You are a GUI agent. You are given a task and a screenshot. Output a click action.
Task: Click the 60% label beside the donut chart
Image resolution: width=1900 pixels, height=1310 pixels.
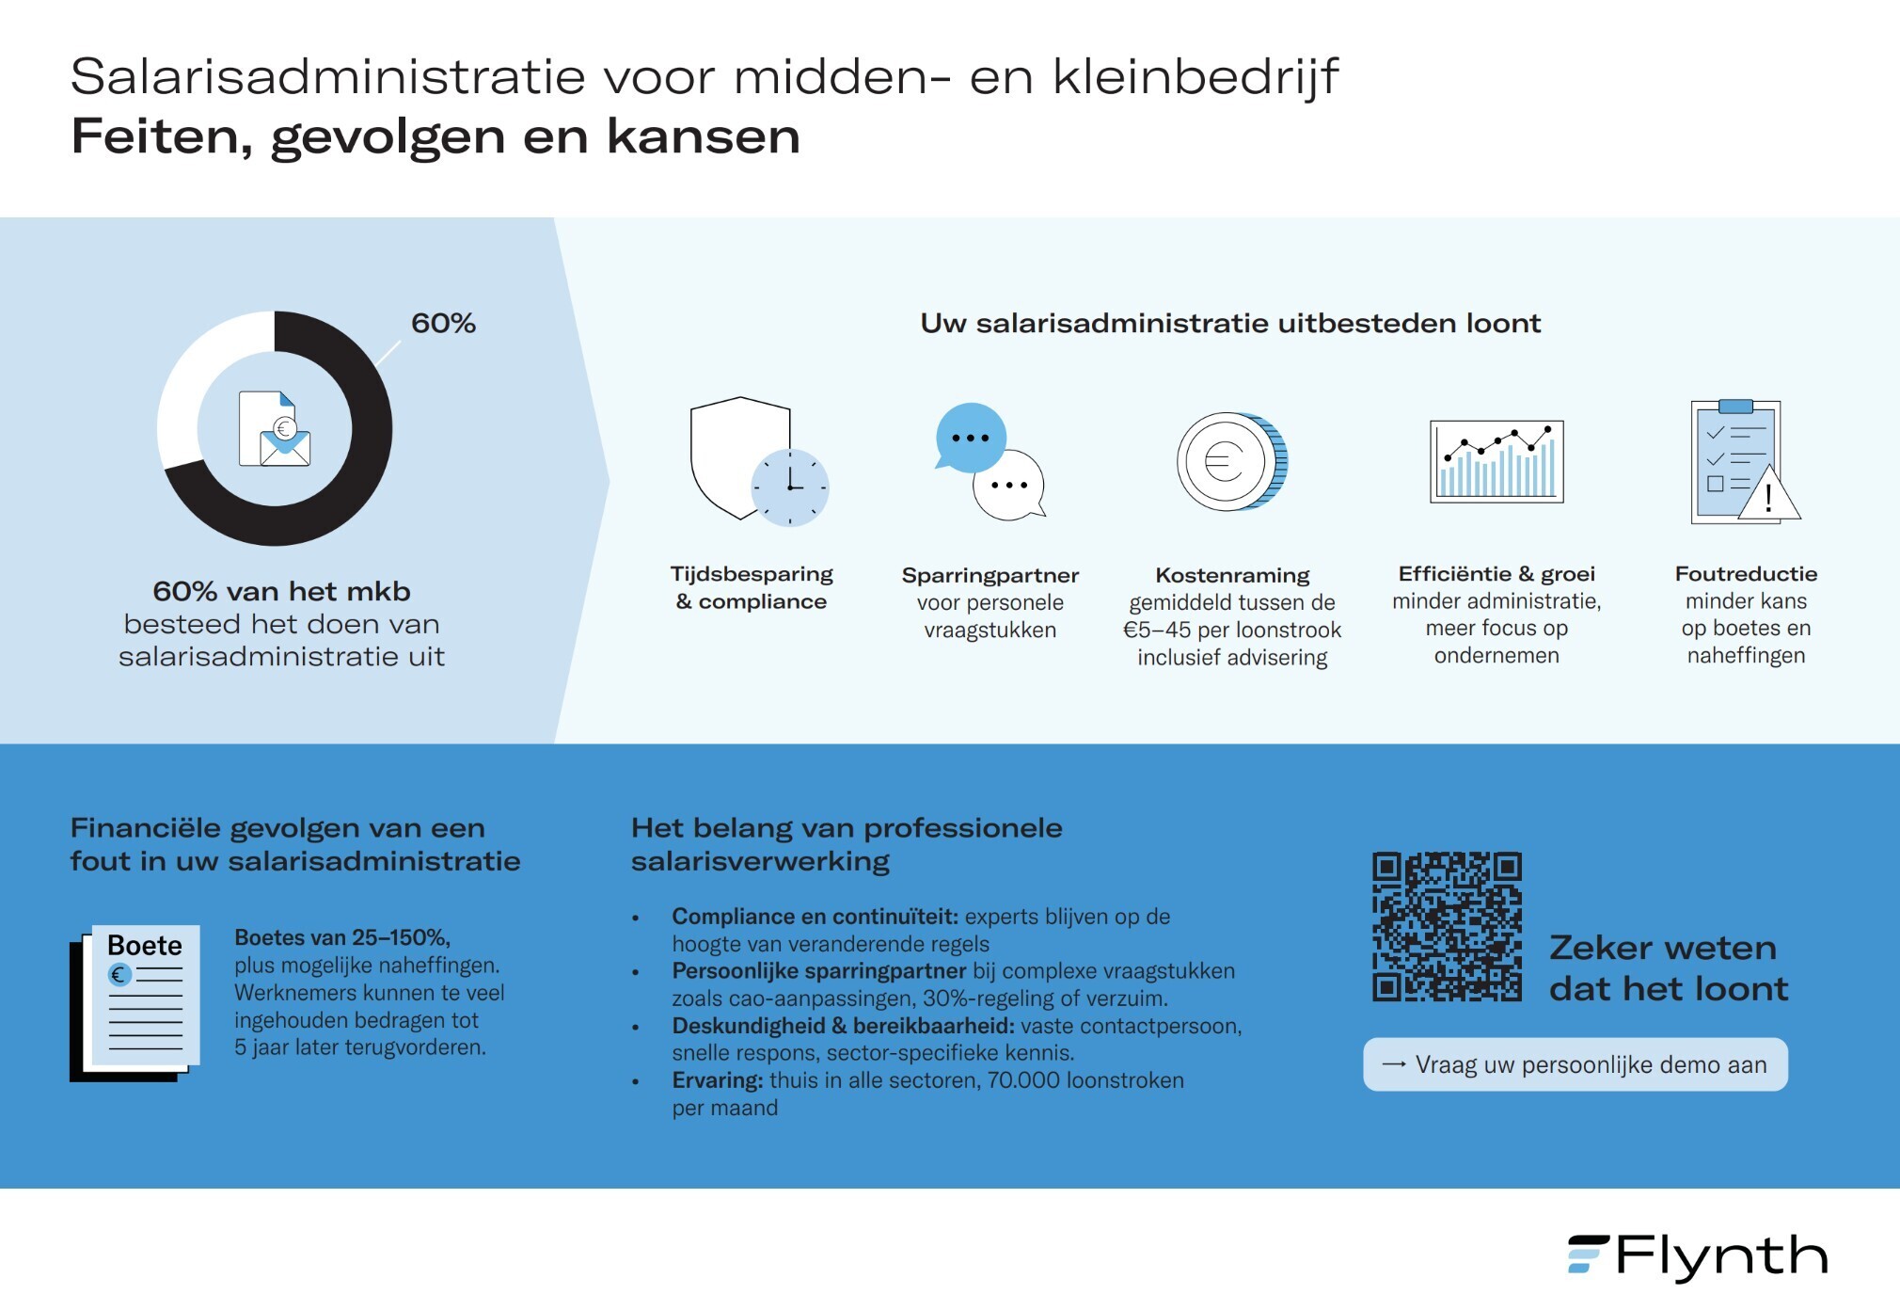443,324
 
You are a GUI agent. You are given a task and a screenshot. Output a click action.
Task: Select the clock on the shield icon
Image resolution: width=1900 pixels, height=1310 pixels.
789,487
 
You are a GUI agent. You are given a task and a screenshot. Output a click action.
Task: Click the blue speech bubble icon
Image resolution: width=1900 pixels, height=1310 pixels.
971,438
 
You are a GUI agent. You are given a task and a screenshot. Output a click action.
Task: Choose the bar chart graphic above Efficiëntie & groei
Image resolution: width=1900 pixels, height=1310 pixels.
1496,461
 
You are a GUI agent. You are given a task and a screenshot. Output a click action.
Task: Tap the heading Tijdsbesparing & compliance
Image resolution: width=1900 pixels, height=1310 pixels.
752,587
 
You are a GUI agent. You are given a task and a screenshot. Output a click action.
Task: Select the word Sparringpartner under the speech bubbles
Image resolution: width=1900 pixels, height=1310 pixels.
990,575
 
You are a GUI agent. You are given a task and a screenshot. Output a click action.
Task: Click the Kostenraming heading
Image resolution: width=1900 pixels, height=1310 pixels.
1232,575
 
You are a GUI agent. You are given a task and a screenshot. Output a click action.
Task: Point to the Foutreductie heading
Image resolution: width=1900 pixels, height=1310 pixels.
1746,574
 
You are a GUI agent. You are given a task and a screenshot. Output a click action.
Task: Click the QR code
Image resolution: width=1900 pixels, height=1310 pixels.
1447,926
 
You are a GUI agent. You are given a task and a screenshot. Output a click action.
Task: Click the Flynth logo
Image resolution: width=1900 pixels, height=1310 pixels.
1698,1256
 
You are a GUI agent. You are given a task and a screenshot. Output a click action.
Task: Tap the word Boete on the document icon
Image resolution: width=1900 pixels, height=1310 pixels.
145,945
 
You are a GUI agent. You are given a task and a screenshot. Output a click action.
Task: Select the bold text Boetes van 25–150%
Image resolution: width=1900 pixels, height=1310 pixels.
342,937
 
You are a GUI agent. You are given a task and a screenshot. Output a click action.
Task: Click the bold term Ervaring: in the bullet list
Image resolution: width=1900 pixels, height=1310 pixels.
717,1080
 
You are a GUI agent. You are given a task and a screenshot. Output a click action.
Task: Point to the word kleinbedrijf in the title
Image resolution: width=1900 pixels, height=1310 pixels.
1195,77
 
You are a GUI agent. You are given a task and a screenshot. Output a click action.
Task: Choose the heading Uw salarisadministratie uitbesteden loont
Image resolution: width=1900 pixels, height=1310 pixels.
1230,324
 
